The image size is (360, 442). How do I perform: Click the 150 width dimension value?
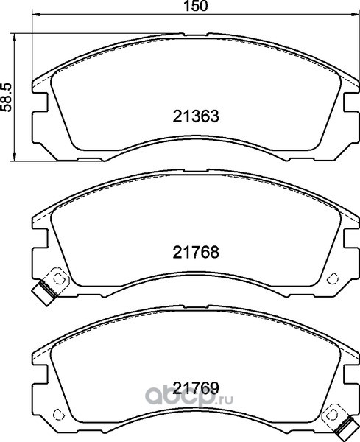pos(196,6)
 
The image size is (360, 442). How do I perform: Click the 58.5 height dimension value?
pos(6,97)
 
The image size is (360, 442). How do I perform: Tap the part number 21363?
pos(196,116)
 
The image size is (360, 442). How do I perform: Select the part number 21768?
pos(196,252)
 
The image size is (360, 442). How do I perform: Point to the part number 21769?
pos(196,388)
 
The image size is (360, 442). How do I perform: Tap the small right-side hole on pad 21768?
pos(333,278)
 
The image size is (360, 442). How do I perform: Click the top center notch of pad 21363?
pos(195,35)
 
